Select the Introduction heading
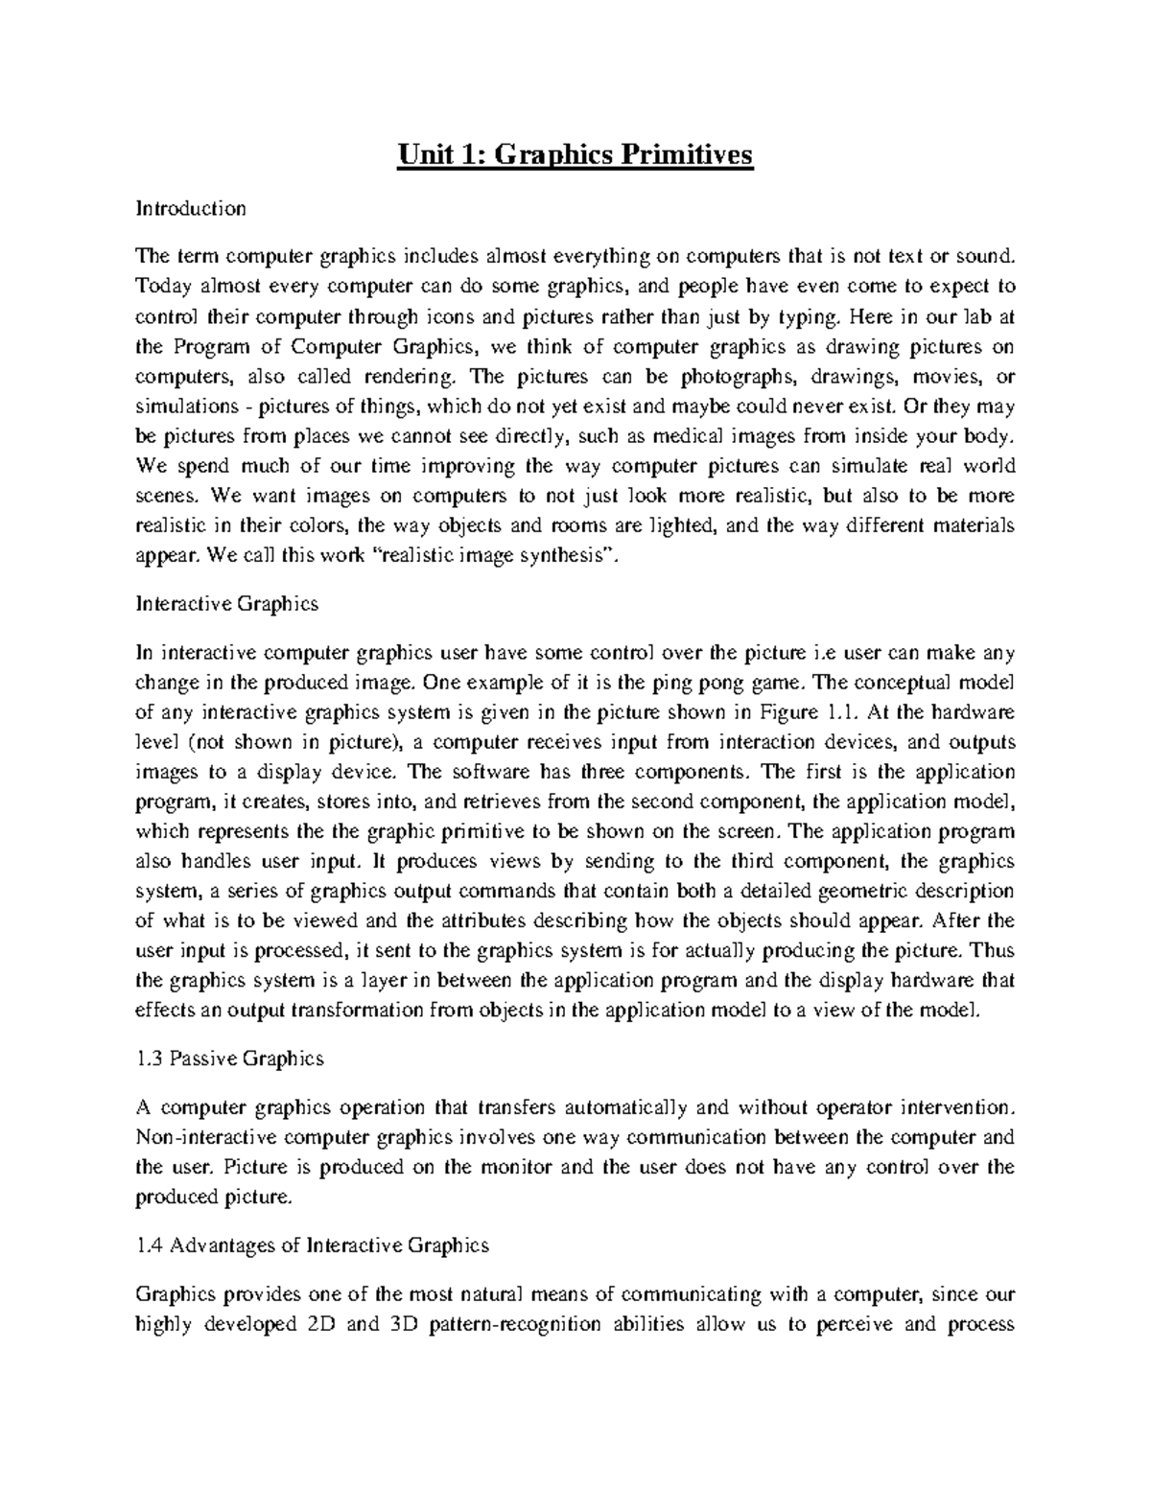191,208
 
